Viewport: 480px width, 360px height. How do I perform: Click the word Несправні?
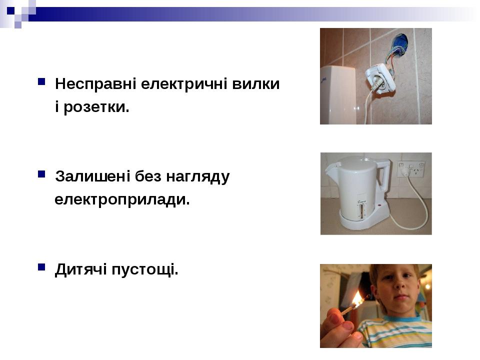pyautogui.click(x=95, y=84)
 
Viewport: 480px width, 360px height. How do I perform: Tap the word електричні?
pyautogui.click(x=184, y=84)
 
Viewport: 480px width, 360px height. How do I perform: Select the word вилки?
pyautogui.click(x=256, y=84)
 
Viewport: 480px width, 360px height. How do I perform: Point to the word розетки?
pyautogui.click(x=96, y=107)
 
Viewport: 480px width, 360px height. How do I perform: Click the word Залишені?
pyautogui.click(x=93, y=176)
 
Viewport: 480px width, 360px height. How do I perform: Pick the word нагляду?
pyautogui.click(x=198, y=177)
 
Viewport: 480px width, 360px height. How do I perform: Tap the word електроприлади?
pyautogui.click(x=122, y=200)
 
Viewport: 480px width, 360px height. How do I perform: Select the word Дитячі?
pyautogui.click(x=81, y=269)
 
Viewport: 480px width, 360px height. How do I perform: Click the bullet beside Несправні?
pyautogui.click(x=41, y=81)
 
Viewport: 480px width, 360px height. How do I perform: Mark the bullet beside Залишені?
pyautogui.click(x=41, y=174)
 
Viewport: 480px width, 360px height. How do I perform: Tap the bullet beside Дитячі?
pyautogui.click(x=41, y=267)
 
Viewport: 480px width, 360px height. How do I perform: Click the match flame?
pyautogui.click(x=357, y=298)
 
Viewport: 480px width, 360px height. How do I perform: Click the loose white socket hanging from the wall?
pyautogui.click(x=380, y=78)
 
